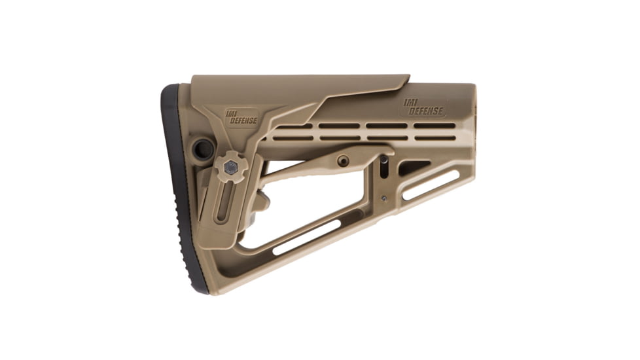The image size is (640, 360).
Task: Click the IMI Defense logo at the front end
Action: tap(423, 107)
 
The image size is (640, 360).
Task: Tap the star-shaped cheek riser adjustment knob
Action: tap(231, 168)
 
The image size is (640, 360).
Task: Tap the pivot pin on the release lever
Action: tap(343, 160)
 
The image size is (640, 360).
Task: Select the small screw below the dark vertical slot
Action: tap(383, 198)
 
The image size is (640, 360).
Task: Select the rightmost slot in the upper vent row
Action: tap(434, 126)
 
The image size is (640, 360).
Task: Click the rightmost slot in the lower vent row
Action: tap(434, 137)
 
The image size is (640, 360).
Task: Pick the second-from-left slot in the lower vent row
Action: tap(340, 137)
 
